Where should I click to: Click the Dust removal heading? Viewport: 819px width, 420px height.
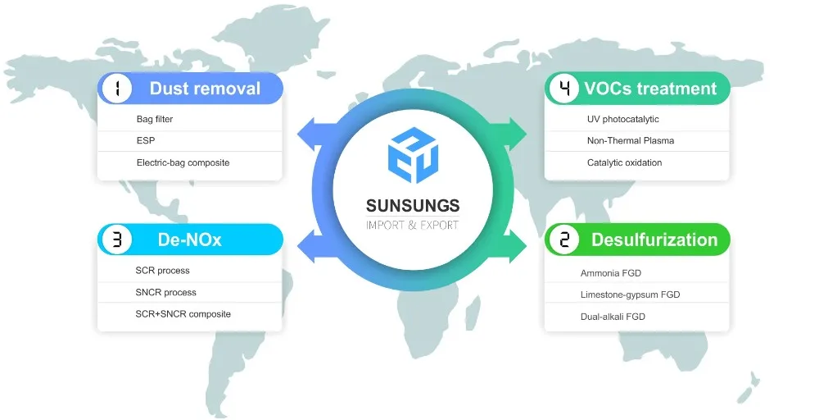point(205,89)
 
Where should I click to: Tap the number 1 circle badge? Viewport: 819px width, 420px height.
point(116,89)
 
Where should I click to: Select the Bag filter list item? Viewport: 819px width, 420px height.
point(155,120)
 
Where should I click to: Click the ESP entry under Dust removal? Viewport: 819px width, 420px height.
point(145,141)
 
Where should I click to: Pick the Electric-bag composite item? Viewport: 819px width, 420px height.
point(183,162)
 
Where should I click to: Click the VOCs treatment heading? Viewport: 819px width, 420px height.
point(650,89)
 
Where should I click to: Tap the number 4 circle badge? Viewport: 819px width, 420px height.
point(563,89)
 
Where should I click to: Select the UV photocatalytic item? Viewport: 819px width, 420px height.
point(622,120)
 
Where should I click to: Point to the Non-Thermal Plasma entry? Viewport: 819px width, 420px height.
point(631,141)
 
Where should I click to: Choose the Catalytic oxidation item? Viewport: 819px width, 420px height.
point(624,162)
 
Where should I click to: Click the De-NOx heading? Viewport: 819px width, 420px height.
point(190,240)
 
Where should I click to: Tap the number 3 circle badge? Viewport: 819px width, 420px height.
point(116,240)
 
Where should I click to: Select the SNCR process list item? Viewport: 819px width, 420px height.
point(165,292)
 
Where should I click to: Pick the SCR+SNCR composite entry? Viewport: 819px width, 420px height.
point(183,313)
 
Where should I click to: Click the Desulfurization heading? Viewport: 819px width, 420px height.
point(654,240)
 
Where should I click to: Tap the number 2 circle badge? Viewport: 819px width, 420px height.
point(563,240)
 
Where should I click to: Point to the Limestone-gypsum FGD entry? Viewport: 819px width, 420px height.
point(630,294)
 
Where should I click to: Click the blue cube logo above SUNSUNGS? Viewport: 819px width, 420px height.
point(413,153)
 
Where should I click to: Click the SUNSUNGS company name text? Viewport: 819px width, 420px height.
point(413,205)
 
